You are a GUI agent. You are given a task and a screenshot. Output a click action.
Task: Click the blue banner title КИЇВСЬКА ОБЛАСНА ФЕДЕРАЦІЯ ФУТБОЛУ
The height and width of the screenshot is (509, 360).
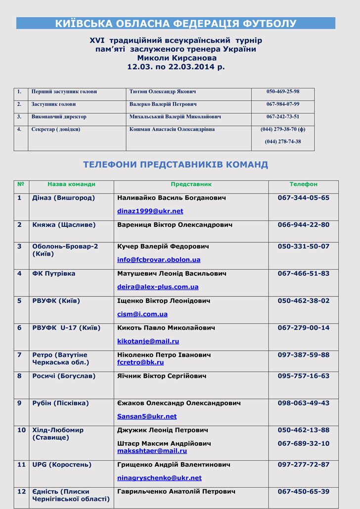pyautogui.click(x=176, y=23)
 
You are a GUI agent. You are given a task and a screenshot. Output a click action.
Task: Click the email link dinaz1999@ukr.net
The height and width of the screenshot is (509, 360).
pyautogui.click(x=150, y=211)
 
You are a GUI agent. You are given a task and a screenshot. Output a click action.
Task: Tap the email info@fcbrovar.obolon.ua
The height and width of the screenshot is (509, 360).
pyautogui.click(x=159, y=259)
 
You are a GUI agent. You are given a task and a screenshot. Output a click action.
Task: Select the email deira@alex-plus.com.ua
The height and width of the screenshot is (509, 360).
pyautogui.click(x=158, y=287)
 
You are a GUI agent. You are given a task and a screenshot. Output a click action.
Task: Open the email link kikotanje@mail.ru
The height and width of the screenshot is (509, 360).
pyautogui.click(x=148, y=341)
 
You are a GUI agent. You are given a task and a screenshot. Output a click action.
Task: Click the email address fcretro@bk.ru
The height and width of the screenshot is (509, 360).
pyautogui.click(x=140, y=362)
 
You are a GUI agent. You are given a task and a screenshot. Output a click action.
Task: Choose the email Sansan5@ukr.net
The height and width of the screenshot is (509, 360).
pyautogui.click(x=147, y=416)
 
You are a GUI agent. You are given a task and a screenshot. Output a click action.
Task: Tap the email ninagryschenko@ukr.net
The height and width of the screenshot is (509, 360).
pyautogui.click(x=159, y=478)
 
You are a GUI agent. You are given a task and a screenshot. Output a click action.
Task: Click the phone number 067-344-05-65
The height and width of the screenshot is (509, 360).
pyautogui.click(x=303, y=198)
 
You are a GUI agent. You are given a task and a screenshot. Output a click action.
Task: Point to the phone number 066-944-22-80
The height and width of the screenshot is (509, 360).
pyautogui.click(x=303, y=224)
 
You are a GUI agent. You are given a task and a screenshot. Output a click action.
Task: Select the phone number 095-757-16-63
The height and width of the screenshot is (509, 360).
pyautogui.click(x=303, y=376)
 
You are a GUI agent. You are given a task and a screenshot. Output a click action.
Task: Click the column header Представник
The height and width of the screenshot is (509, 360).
pyautogui.click(x=191, y=184)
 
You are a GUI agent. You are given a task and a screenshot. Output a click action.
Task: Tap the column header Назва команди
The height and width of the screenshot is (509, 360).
pyautogui.click(x=71, y=184)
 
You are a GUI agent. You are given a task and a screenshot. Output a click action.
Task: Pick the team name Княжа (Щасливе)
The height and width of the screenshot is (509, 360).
pyautogui.click(x=64, y=224)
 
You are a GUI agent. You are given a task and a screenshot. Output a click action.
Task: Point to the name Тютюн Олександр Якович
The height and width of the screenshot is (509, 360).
pyautogui.click(x=163, y=91)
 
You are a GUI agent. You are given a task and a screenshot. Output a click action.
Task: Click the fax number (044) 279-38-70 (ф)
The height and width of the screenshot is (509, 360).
pyautogui.click(x=283, y=129)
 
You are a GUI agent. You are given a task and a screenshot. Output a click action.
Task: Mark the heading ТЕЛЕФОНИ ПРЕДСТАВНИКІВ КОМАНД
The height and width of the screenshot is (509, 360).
pyautogui.click(x=176, y=165)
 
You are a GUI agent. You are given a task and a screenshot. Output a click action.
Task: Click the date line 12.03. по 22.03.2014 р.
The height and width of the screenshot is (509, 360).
pyautogui.click(x=176, y=66)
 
